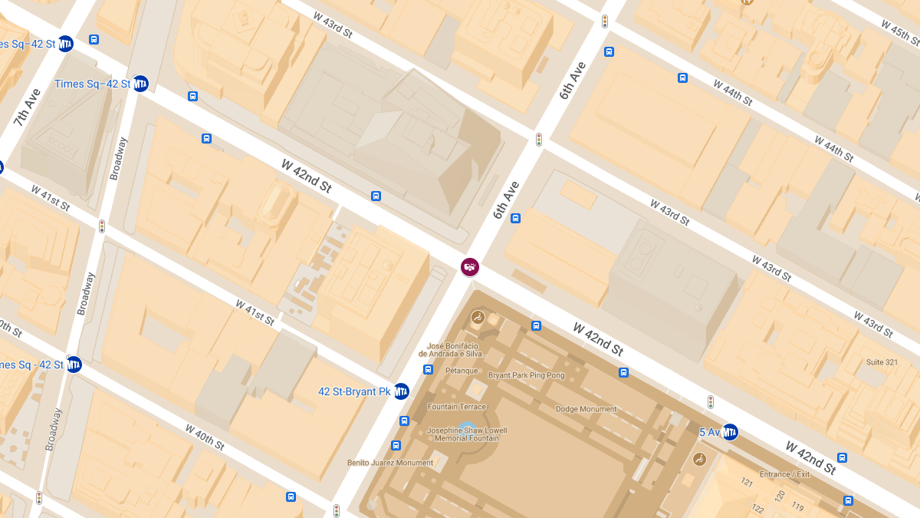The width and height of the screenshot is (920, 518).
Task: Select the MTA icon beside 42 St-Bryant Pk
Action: coord(401,391)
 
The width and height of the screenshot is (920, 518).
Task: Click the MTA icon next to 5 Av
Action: coord(730,433)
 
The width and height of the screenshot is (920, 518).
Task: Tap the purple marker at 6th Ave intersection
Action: coord(470,266)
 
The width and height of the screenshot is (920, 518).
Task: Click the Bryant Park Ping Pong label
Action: coord(526,375)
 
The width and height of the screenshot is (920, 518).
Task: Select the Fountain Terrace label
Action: coord(457,407)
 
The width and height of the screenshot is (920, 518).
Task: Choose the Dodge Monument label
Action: coord(586,409)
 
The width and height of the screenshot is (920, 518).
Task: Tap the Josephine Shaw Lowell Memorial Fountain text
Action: coord(467,434)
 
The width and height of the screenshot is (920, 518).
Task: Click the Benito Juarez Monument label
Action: coord(390,463)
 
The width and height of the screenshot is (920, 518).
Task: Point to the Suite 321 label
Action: coord(882,361)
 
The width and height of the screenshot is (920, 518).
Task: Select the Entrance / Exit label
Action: coord(784,474)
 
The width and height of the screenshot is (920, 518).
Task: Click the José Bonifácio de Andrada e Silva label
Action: coord(452,350)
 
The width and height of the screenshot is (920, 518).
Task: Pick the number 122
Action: coord(758,509)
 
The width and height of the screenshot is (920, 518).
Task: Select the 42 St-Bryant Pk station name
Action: coord(354,391)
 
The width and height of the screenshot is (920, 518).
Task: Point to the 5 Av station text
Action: coord(709,433)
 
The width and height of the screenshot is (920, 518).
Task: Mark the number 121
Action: coord(746,482)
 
